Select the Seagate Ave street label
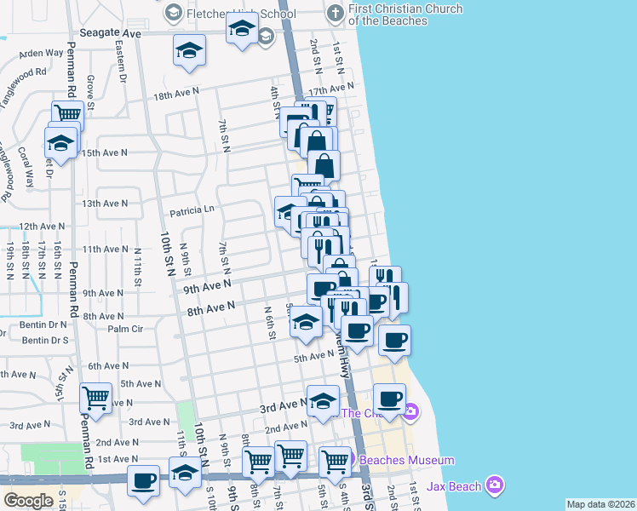click(110, 32)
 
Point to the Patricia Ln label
click(192, 209)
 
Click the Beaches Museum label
click(407, 460)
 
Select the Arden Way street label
click(42, 53)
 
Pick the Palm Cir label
click(124, 328)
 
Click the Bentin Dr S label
click(45, 340)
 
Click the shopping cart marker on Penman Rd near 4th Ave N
click(96, 397)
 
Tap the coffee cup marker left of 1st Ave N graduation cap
click(143, 479)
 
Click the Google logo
click(28, 500)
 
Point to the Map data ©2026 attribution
click(600, 504)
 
